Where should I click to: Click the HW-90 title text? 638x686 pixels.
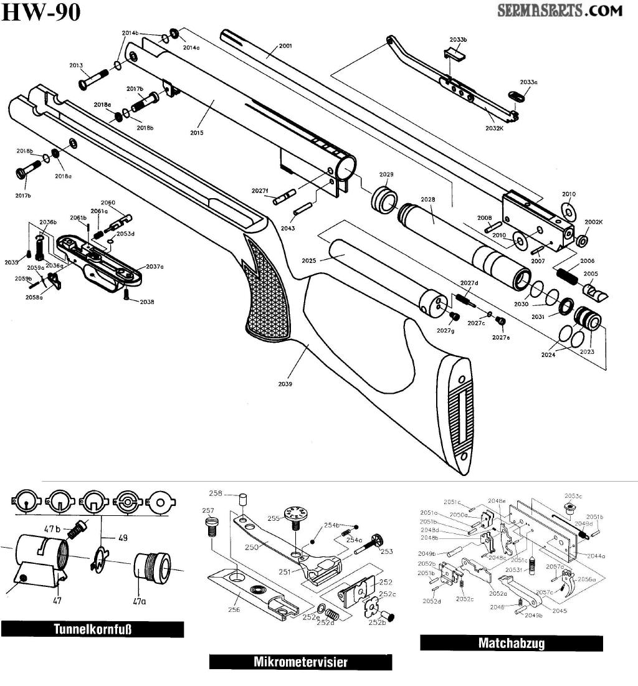click(x=41, y=12)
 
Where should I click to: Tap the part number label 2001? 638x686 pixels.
click(x=285, y=46)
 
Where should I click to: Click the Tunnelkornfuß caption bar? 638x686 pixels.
click(x=92, y=629)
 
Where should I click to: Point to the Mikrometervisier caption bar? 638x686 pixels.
click(x=300, y=662)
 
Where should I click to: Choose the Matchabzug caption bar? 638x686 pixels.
click(x=511, y=643)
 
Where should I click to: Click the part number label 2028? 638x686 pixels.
click(x=427, y=200)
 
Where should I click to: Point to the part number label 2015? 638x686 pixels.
click(x=197, y=133)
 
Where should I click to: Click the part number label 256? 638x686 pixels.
click(x=234, y=609)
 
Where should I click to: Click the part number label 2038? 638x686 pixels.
click(x=147, y=302)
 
